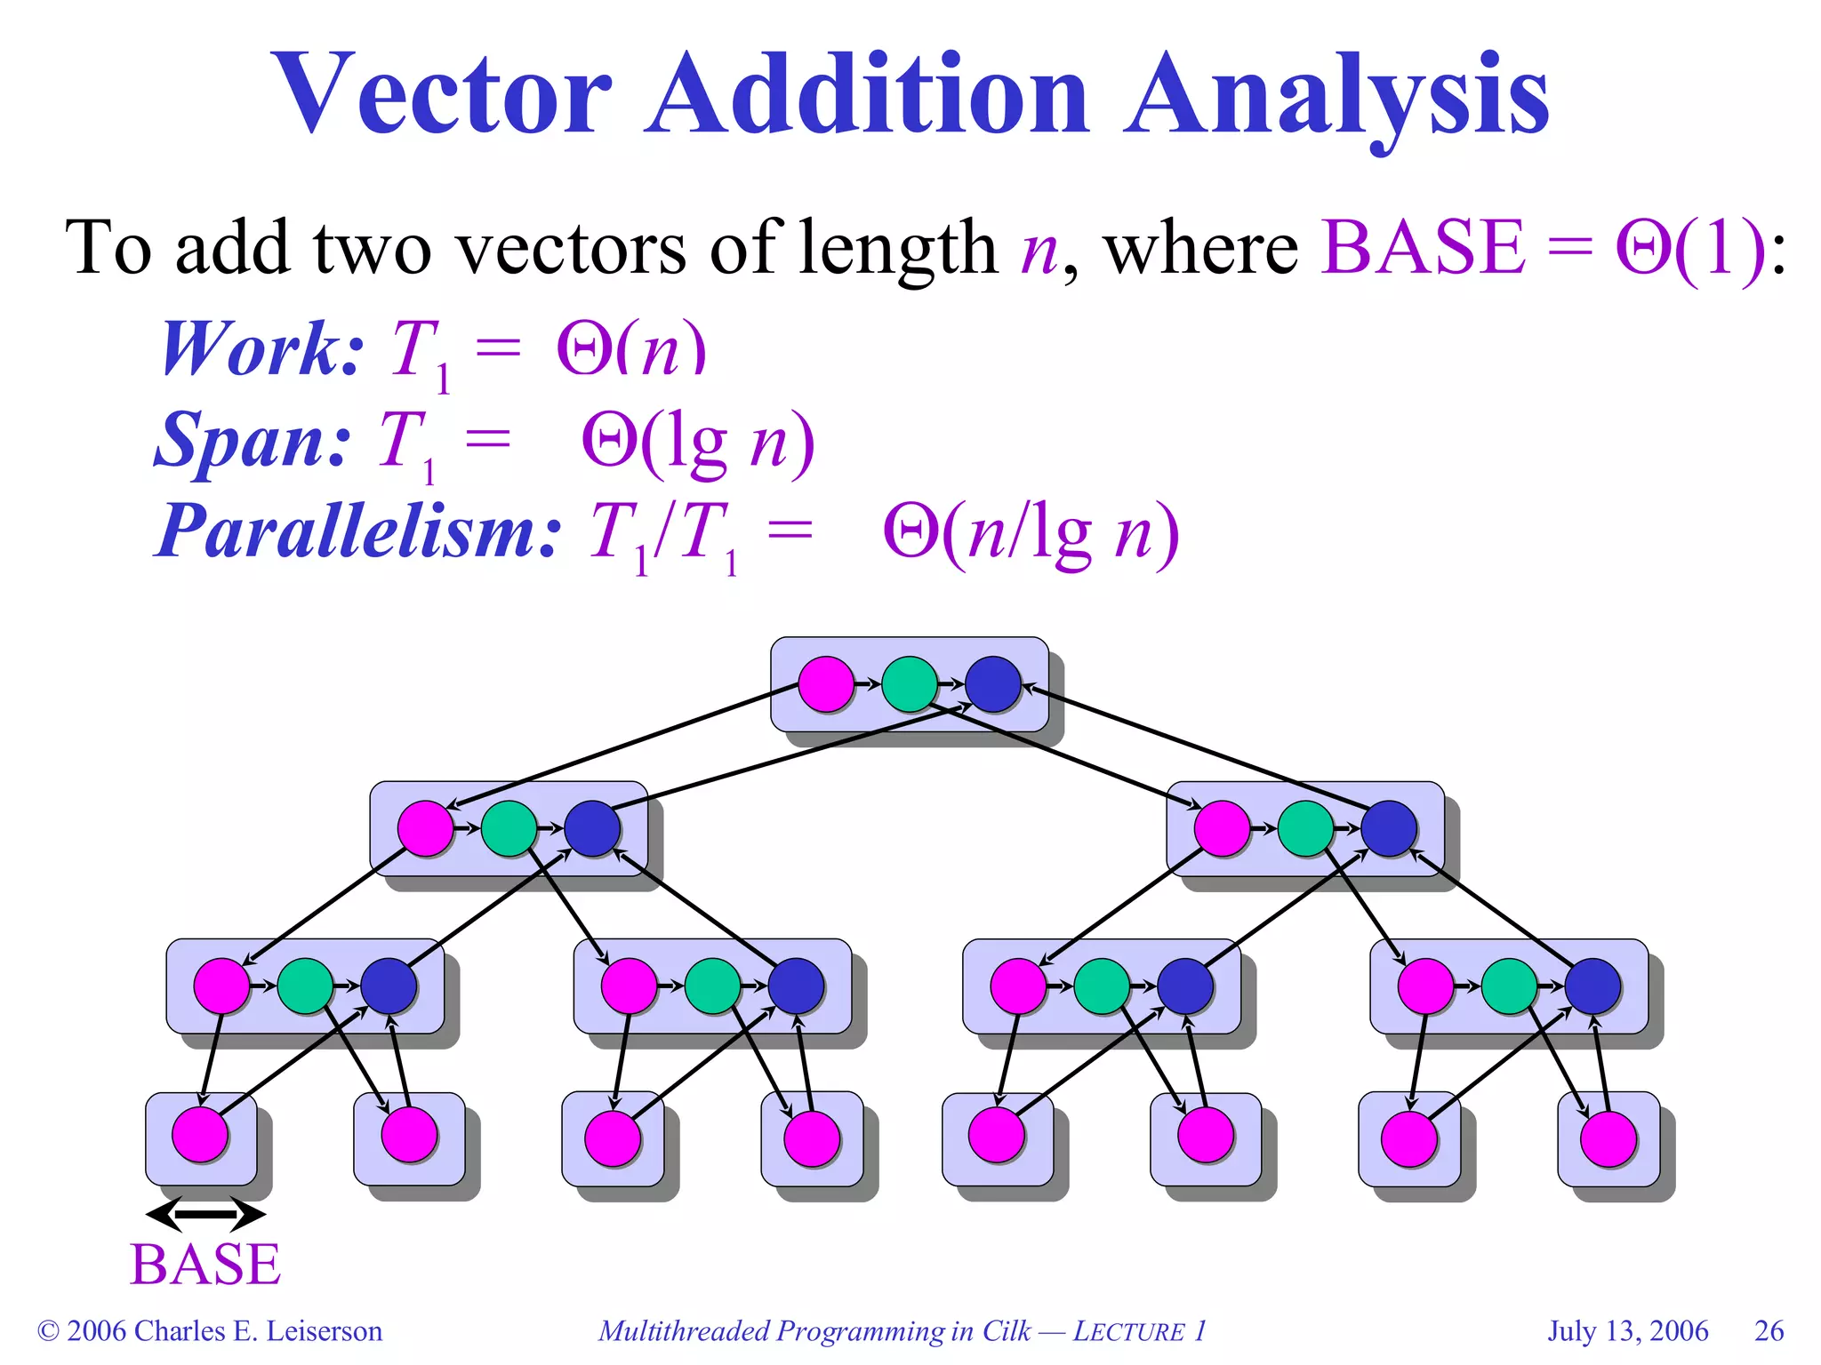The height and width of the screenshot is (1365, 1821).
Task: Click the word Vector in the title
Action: [x=442, y=95]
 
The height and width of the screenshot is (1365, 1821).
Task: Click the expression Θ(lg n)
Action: [x=697, y=442]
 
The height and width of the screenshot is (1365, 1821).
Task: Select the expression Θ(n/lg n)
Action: [x=1031, y=533]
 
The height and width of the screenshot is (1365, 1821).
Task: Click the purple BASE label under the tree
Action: [x=205, y=1265]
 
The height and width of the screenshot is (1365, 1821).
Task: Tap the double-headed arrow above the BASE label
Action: [x=205, y=1213]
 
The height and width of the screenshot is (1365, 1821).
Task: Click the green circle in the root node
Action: [x=909, y=684]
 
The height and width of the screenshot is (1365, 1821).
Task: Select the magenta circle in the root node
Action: [x=826, y=684]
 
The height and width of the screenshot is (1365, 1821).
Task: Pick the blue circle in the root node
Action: [x=992, y=684]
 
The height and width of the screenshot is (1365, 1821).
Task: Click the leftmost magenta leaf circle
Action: [x=200, y=1135]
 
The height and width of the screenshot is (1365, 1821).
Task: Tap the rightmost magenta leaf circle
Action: [x=1608, y=1138]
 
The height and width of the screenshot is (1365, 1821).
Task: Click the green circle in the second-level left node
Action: [x=509, y=828]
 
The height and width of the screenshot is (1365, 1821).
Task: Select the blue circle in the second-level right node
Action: [x=1388, y=828]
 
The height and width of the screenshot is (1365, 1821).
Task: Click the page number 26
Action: [x=1769, y=1331]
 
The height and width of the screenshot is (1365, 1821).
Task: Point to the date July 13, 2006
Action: [x=1627, y=1331]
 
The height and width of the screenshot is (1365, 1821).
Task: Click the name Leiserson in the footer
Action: [x=325, y=1331]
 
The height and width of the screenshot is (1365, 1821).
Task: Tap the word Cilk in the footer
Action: [x=1006, y=1331]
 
